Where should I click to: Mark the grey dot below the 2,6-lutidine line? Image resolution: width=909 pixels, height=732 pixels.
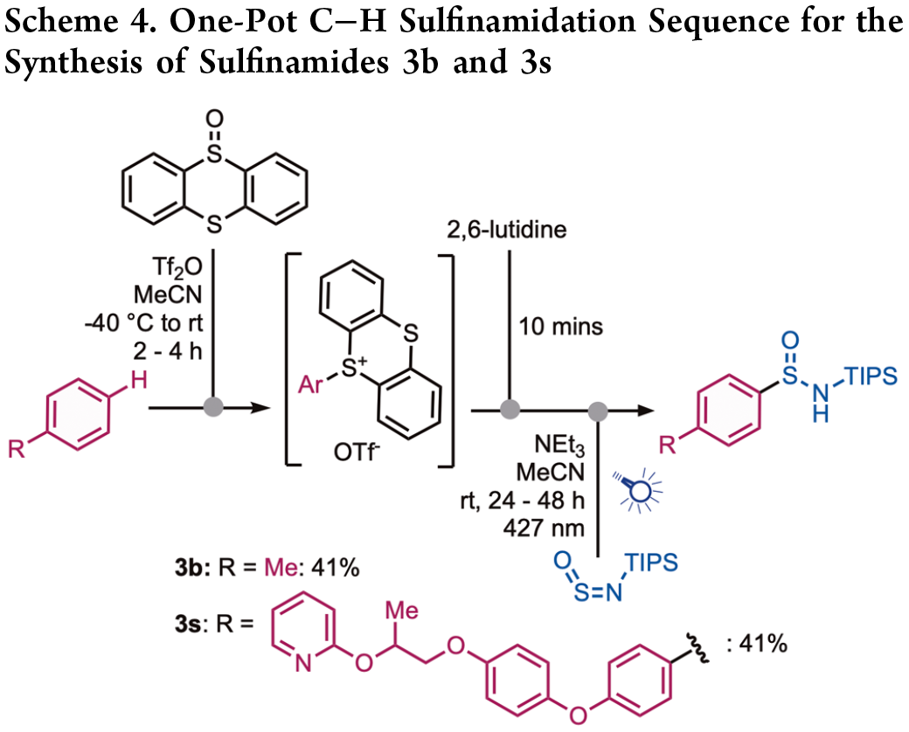pos(508,408)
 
